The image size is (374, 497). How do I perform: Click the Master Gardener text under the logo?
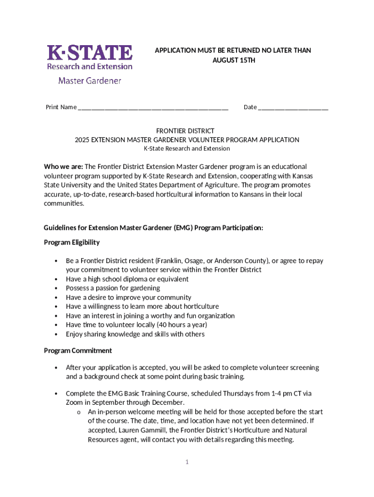pyautogui.click(x=89, y=81)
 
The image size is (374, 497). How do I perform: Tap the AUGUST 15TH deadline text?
pyautogui.click(x=234, y=60)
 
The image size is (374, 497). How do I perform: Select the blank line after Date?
pyautogui.click(x=293, y=107)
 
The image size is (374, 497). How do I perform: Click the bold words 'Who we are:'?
pyautogui.click(x=63, y=166)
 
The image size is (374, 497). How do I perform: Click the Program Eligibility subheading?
pyautogui.click(x=72, y=242)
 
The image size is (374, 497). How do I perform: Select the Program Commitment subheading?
pyautogui.click(x=78, y=350)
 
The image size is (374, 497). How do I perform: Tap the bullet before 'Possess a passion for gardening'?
pyautogui.click(x=56, y=288)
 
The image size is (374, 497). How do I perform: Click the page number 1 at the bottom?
pyautogui.click(x=187, y=462)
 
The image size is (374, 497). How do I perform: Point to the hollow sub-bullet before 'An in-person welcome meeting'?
pyautogui.click(x=78, y=413)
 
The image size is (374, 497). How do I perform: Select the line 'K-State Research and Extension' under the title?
pyautogui.click(x=187, y=149)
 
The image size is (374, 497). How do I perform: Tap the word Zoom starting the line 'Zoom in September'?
pyautogui.click(x=74, y=402)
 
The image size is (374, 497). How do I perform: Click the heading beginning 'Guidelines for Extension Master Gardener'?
pyautogui.click(x=153, y=228)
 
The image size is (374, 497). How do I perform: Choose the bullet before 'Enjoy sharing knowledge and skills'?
pyautogui.click(x=56, y=334)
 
